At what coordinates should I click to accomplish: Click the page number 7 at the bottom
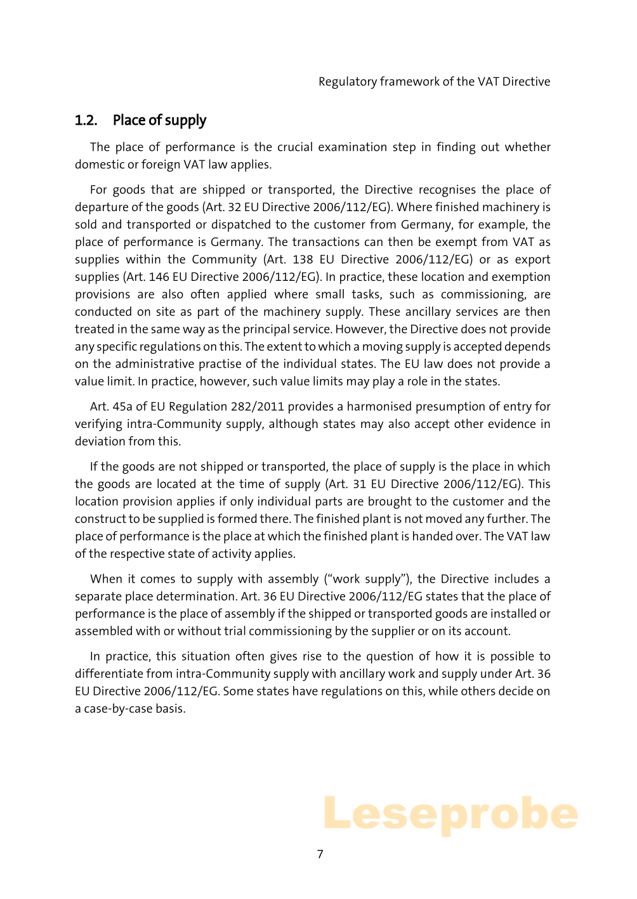320,854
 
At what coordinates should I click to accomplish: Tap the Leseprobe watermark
450,815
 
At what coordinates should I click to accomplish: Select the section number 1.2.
86,120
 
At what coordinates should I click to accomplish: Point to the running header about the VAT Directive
434,81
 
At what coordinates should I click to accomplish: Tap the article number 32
249,207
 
